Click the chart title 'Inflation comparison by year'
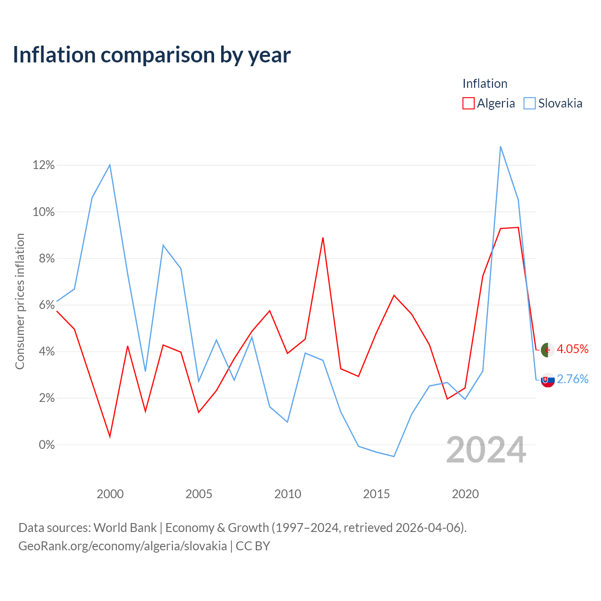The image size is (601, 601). click(x=152, y=55)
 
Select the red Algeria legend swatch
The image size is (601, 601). click(x=469, y=103)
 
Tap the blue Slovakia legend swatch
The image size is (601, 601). click(x=530, y=103)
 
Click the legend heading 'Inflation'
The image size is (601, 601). click(x=485, y=84)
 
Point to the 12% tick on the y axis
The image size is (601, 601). click(x=44, y=165)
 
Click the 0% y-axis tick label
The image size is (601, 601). click(x=47, y=445)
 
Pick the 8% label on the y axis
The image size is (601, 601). click(x=47, y=258)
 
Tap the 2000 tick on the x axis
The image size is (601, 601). click(x=110, y=494)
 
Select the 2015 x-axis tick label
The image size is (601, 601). click(x=377, y=494)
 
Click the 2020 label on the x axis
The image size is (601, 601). click(x=465, y=494)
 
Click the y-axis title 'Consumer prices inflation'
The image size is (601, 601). click(x=20, y=301)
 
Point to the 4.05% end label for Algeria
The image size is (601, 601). click(x=573, y=349)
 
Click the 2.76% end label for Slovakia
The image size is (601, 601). click(x=573, y=379)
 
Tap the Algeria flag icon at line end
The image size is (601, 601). click(x=547, y=350)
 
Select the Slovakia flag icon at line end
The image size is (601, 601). click(x=547, y=380)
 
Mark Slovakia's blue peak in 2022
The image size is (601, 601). click(x=501, y=146)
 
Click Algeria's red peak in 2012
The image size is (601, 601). click(x=323, y=238)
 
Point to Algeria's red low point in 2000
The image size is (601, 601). click(x=110, y=437)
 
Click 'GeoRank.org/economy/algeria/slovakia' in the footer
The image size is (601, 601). click(x=123, y=546)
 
